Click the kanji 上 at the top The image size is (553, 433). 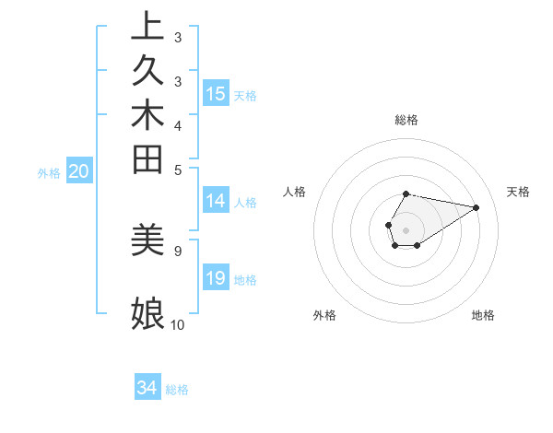pyautogui.click(x=147, y=26)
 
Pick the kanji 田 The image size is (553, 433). pyautogui.click(x=147, y=158)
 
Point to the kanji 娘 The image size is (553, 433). pyautogui.click(x=147, y=313)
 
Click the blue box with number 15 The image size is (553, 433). pyautogui.click(x=216, y=94)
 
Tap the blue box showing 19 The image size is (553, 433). pyautogui.click(x=216, y=278)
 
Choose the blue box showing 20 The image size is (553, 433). pyautogui.click(x=79, y=171)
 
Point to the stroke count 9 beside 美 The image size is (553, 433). pyautogui.click(x=178, y=250)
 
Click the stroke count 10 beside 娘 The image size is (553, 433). pyautogui.click(x=177, y=324)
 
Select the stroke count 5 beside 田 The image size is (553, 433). pyautogui.click(x=178, y=169)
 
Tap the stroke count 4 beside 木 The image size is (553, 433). pyautogui.click(x=178, y=124)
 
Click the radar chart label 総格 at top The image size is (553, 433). pyautogui.click(x=406, y=120)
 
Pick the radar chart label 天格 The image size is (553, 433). pyautogui.click(x=519, y=192)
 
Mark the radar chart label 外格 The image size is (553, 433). pyautogui.click(x=324, y=315)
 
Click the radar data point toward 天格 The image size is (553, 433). pyautogui.click(x=477, y=206)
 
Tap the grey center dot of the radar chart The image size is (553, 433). pyautogui.click(x=406, y=229)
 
